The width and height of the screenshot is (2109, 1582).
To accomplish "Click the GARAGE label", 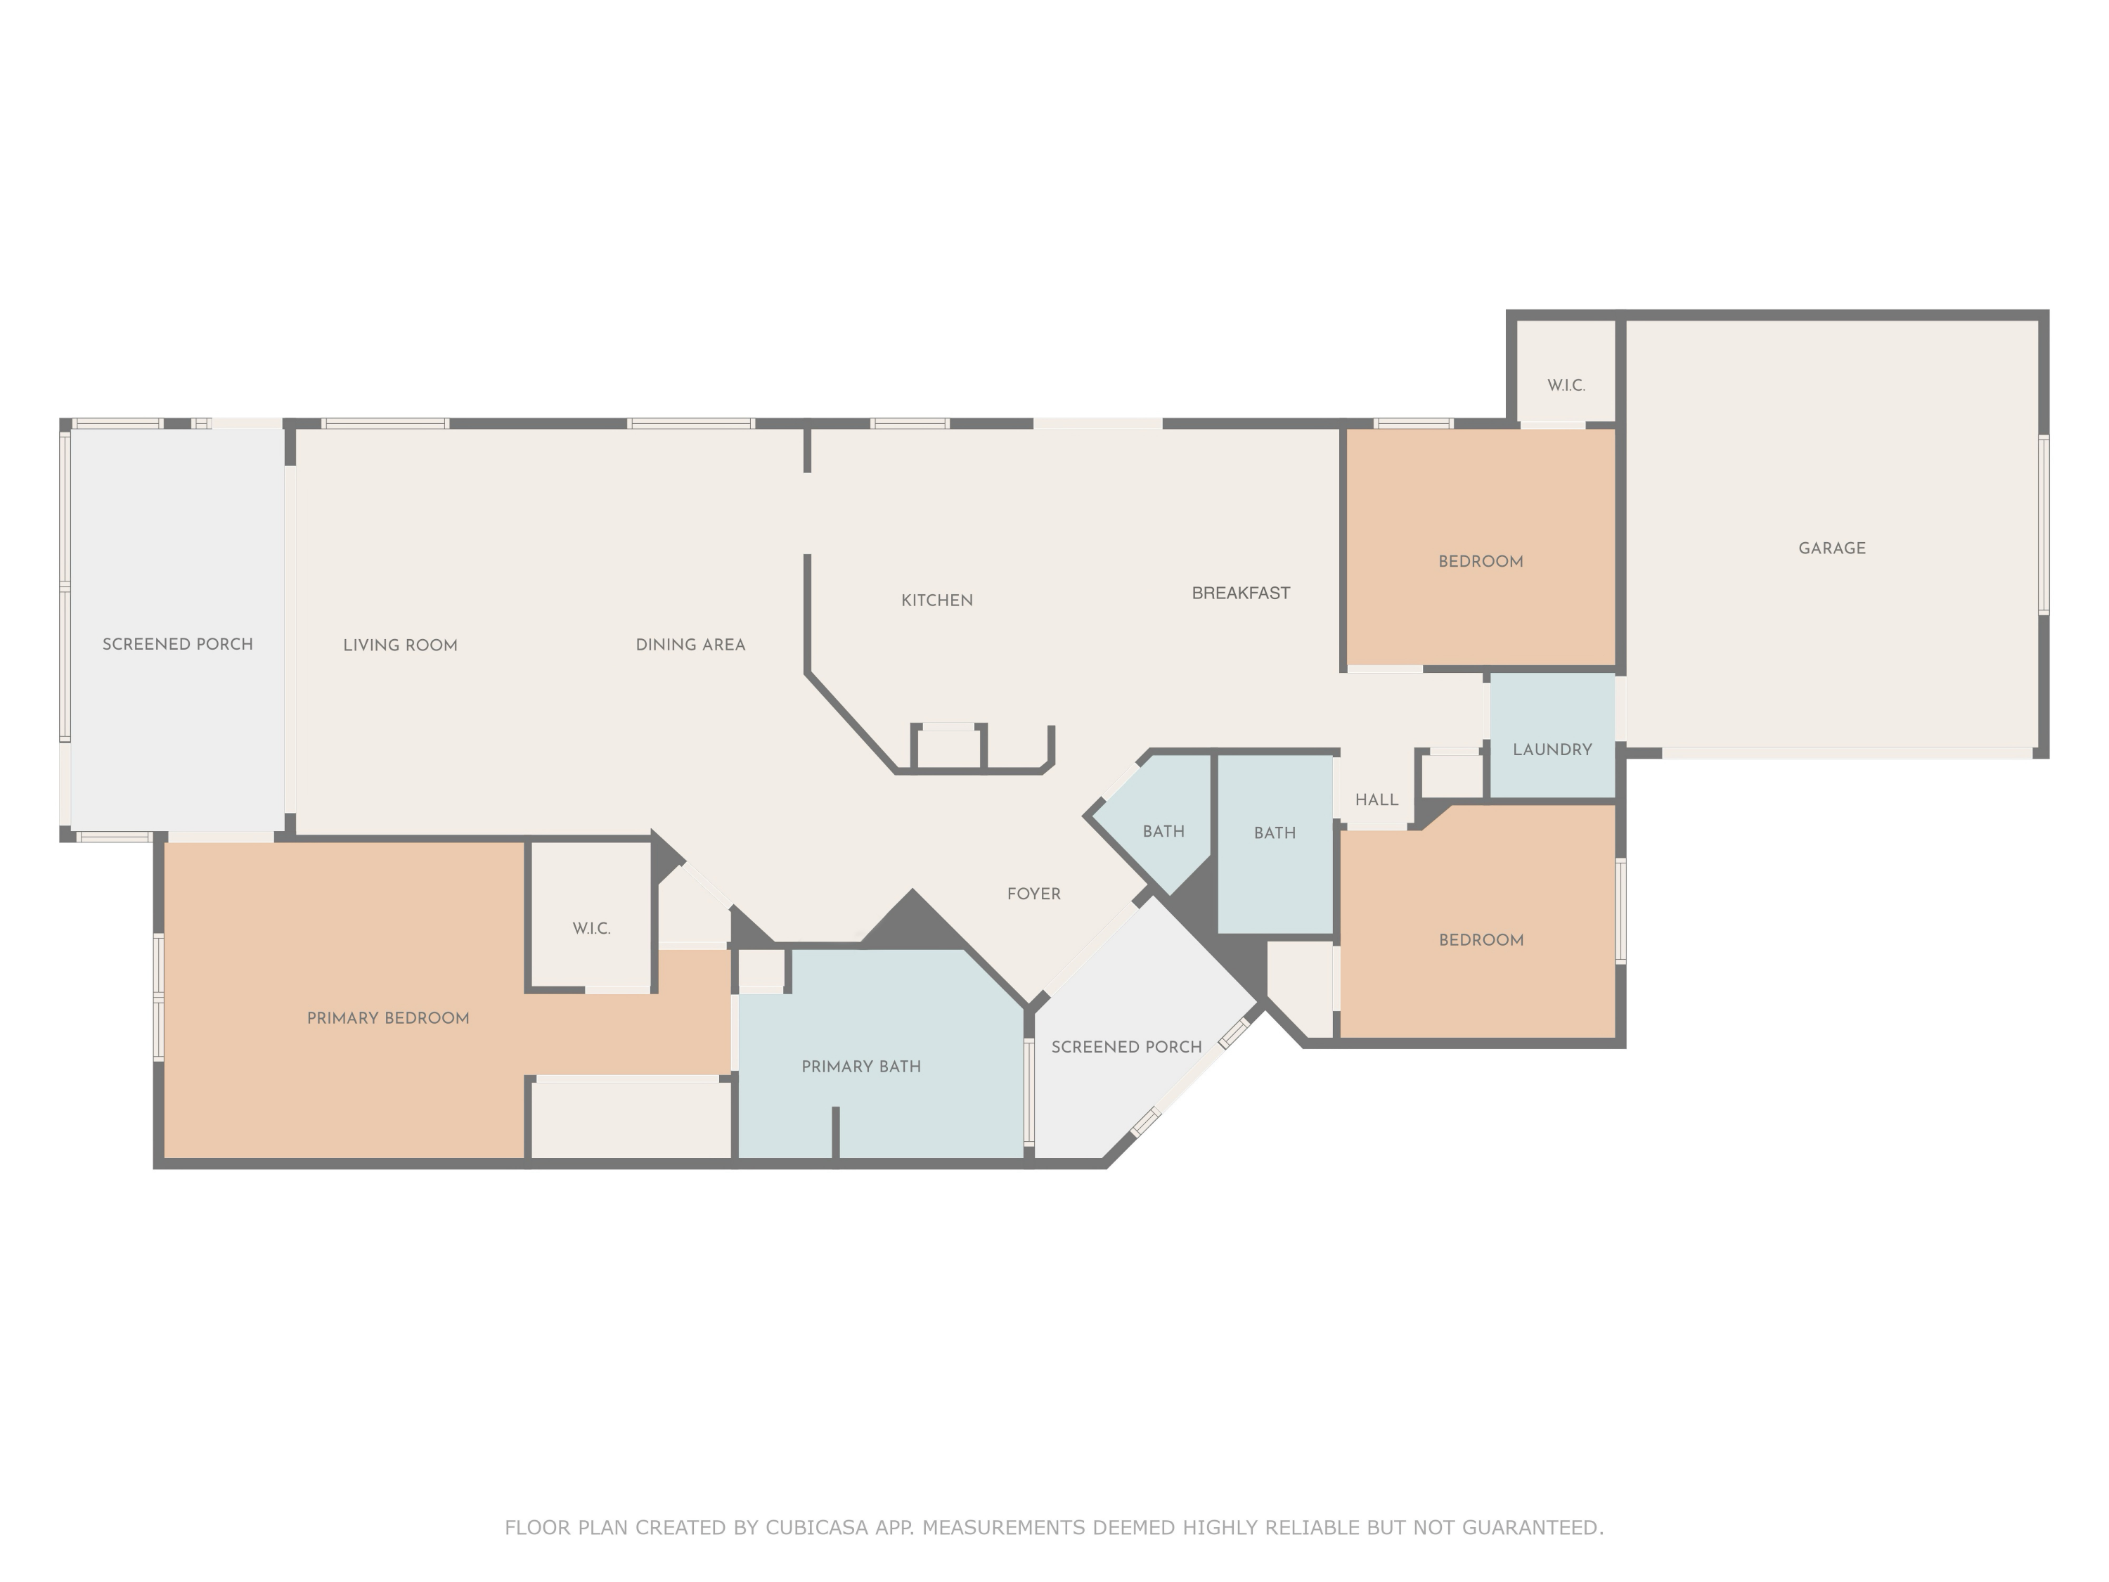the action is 1831,548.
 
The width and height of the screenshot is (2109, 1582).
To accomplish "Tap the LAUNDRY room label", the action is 1552,750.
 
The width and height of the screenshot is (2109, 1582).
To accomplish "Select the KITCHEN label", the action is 937,600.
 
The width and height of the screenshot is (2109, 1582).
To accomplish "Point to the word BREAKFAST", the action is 1240,593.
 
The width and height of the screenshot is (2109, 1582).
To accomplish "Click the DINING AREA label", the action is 690,645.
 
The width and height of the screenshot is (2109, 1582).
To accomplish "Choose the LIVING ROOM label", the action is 401,645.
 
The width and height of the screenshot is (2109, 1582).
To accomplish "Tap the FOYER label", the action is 1033,894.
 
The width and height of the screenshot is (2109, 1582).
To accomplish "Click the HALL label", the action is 1376,800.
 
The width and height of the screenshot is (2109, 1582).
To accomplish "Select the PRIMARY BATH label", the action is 861,1066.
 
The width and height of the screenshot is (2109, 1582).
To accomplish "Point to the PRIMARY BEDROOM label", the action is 388,1018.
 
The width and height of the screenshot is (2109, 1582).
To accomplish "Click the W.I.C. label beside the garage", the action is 1566,385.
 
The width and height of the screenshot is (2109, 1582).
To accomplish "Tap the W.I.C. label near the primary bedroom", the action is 591,928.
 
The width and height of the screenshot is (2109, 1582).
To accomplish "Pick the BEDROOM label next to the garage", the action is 1481,562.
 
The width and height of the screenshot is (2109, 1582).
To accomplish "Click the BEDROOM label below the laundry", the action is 1481,940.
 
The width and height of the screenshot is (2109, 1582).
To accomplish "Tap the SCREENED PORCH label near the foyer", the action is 1126,1047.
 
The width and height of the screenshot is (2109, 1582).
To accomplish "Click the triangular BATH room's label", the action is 1163,832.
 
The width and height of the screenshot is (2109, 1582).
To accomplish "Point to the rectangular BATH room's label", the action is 1275,833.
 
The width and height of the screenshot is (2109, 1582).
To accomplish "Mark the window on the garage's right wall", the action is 2043,525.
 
